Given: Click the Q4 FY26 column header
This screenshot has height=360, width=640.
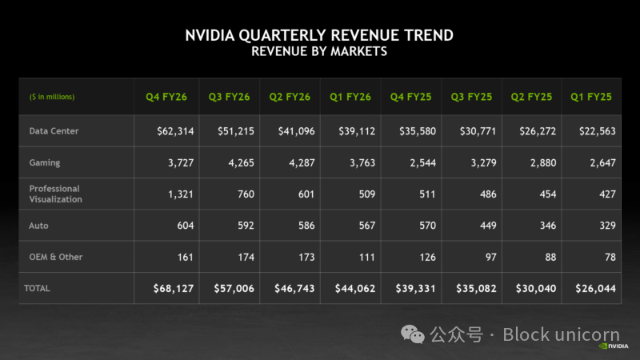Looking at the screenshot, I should pos(166,97).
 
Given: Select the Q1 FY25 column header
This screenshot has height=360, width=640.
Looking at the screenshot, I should pos(591,97).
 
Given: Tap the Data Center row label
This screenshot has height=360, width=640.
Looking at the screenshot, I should pos(54,130).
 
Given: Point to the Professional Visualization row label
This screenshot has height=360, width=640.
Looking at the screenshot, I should pos(55,194).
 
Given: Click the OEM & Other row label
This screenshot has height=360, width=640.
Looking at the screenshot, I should pos(56,257).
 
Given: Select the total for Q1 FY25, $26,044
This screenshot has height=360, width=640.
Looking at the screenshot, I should pos(593,288).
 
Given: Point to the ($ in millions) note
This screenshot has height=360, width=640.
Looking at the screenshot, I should pos(52,97).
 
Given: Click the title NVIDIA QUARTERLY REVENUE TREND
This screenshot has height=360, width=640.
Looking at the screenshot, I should pos(319,35).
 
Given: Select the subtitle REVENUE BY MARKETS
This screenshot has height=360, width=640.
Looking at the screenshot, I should pos(319,51).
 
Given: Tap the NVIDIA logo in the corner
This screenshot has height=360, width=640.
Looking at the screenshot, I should pos(614,347).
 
